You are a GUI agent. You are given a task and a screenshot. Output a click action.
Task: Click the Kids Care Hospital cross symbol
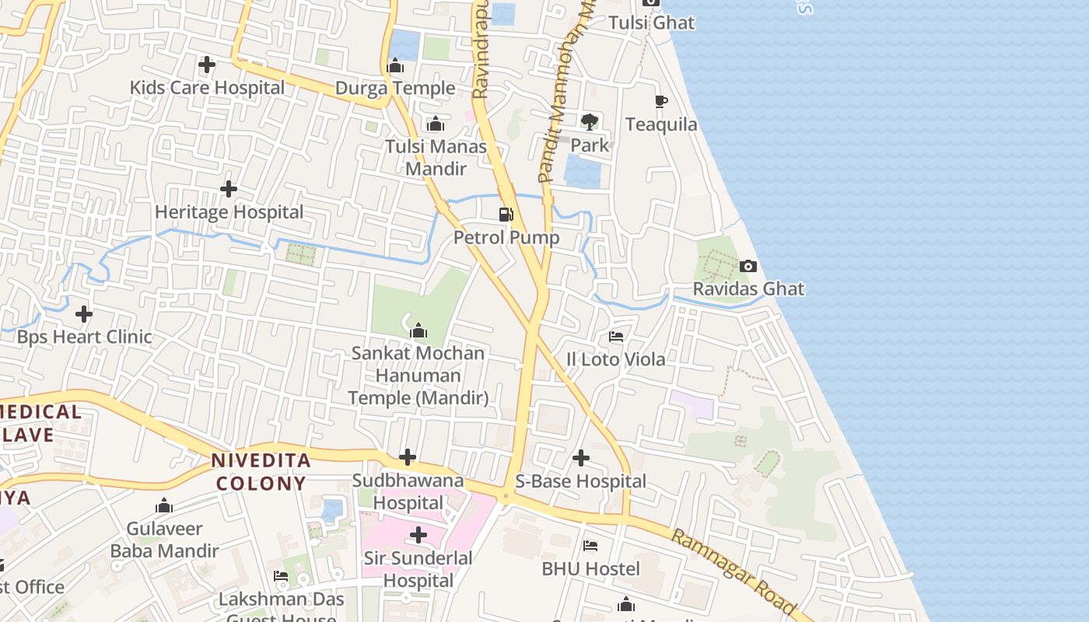tap(207, 65)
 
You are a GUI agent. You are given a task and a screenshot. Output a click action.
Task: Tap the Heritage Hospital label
tap(229, 212)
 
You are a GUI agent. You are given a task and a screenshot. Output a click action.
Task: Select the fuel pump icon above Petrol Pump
tap(506, 214)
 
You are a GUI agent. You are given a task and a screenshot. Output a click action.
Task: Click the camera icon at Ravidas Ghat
tap(748, 266)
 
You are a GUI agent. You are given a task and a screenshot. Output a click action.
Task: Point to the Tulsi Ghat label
tap(651, 23)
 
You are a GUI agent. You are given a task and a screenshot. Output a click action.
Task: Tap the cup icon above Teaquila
tap(660, 102)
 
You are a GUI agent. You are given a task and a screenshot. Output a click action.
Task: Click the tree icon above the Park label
tap(589, 121)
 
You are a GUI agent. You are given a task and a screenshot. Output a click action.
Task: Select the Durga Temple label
tap(395, 89)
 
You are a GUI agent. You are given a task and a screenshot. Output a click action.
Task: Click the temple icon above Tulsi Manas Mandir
tap(436, 124)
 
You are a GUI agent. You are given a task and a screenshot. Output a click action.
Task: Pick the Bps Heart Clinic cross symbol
tap(84, 314)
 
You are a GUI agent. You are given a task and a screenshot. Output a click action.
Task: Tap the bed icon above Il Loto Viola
tap(616, 337)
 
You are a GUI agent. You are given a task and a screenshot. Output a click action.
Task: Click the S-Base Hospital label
tap(580, 481)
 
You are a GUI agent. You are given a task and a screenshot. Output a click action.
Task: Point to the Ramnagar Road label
tap(732, 572)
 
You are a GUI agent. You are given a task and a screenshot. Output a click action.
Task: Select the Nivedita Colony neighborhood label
tap(261, 471)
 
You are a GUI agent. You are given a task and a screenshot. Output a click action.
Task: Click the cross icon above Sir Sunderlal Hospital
tap(418, 535)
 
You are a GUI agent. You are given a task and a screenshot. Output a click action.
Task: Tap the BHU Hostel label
tap(590, 569)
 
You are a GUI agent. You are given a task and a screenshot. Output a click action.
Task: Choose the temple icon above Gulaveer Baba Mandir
tap(164, 506)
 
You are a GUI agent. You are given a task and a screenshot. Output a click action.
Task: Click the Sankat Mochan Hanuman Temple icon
tap(418, 331)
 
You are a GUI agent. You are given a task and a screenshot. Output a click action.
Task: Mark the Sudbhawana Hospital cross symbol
tap(407, 457)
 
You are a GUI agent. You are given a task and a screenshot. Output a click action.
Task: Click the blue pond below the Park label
tap(583, 172)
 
